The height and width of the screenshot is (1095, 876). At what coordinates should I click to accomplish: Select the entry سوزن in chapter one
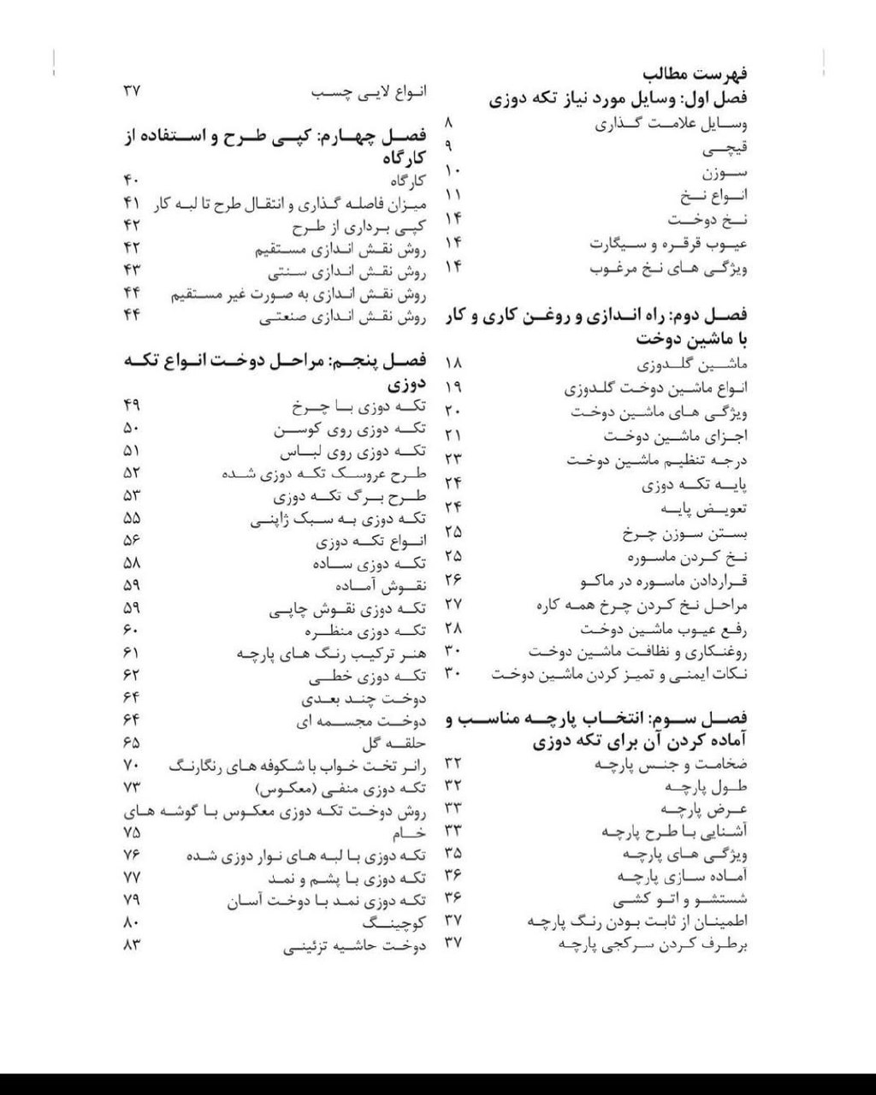pyautogui.click(x=724, y=174)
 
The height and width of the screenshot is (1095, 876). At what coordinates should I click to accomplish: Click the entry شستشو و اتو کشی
pyautogui.click(x=692, y=899)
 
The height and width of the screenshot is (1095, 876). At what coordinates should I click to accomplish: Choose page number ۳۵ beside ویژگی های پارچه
pyautogui.click(x=453, y=853)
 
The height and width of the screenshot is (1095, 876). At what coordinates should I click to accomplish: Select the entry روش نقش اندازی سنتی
pyautogui.click(x=346, y=273)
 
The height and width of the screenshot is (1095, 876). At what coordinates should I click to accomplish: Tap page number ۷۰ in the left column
pyautogui.click(x=132, y=764)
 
